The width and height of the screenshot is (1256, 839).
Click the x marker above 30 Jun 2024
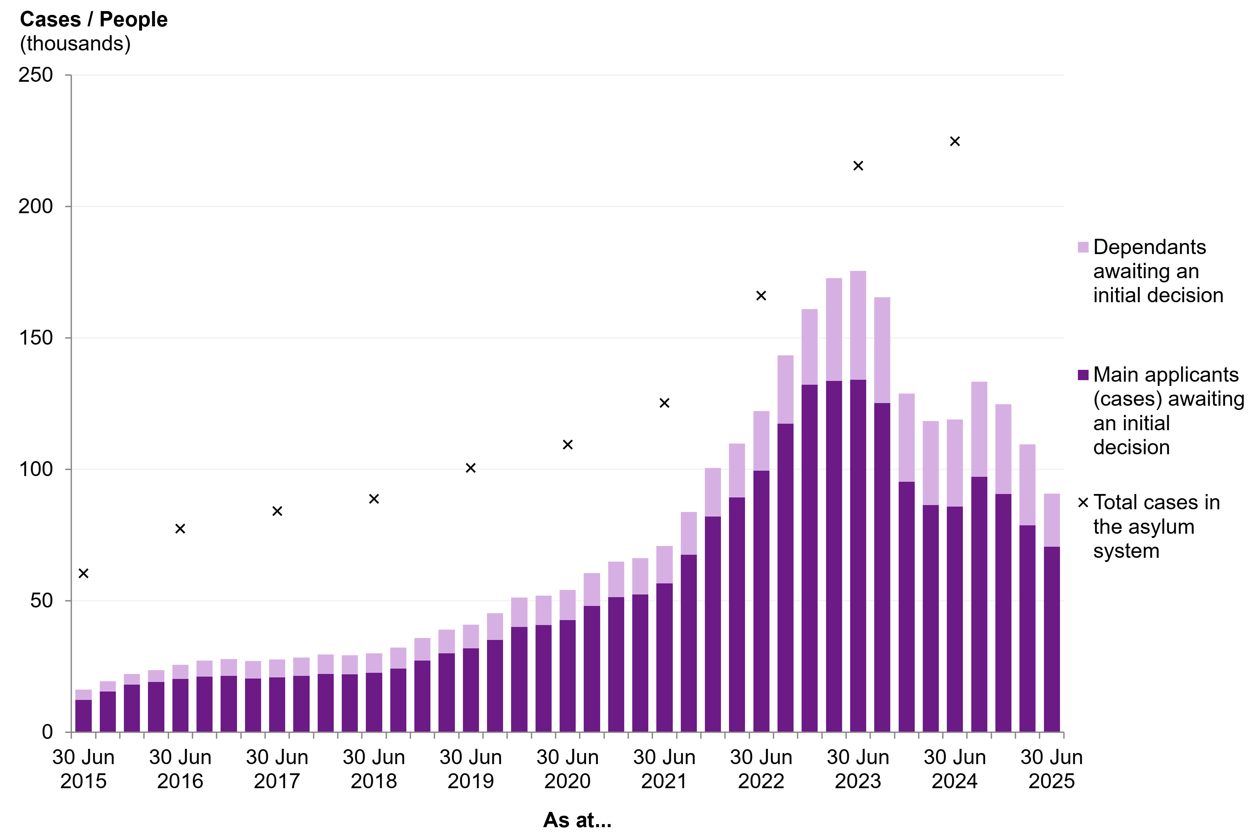pos(955,141)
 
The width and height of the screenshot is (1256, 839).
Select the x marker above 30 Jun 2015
pos(83,573)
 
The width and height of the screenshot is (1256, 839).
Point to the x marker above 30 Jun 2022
pos(761,295)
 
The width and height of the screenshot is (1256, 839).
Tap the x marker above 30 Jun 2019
pos(471,468)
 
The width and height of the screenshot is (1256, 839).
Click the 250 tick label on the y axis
pos(36,75)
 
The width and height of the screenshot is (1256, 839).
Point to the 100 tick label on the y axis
pos(36,469)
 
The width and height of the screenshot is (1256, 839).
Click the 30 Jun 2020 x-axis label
pos(567,769)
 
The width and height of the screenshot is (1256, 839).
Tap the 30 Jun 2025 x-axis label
pos(1051,769)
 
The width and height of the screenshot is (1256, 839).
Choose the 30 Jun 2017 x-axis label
pos(277,769)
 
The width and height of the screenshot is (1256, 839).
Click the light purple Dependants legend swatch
pos(1083,247)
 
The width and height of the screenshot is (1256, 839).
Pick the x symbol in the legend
pos(1083,503)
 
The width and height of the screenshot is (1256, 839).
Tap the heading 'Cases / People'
pos(94,19)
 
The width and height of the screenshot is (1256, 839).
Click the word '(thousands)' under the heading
pos(75,43)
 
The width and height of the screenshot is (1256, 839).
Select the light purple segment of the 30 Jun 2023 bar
pos(858,326)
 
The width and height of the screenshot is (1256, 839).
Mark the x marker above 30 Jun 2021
pos(664,403)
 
